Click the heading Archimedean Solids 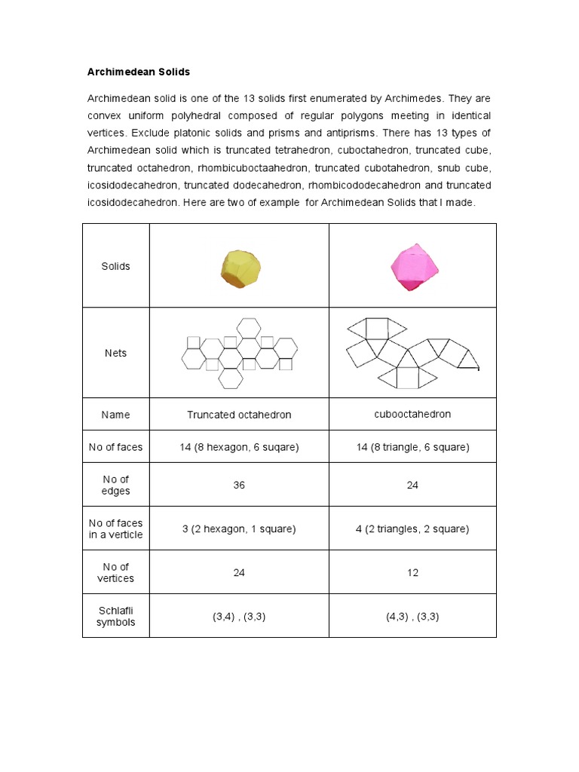coord(139,72)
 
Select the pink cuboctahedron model coord(413,265)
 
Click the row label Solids coord(116,266)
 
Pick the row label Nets coord(116,353)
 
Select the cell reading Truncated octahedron coord(239,415)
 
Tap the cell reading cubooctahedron coord(412,414)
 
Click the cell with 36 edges coord(239,485)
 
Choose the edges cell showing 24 coord(412,485)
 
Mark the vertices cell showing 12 coord(412,572)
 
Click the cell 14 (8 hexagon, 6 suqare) coord(239,447)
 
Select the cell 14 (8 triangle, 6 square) coord(412,447)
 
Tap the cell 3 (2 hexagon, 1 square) coord(239,528)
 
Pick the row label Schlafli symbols coord(116,616)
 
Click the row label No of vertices coord(116,572)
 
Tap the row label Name coord(116,415)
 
